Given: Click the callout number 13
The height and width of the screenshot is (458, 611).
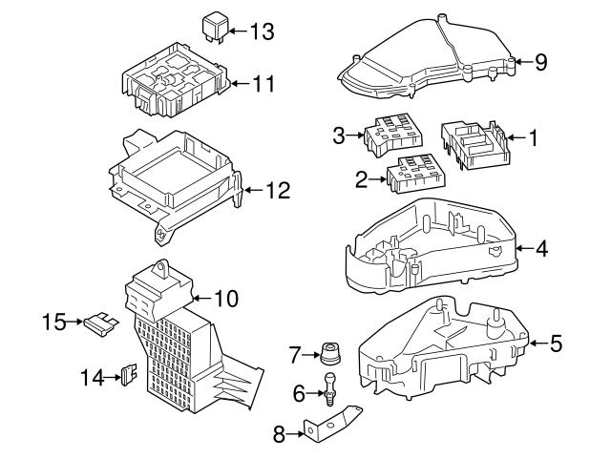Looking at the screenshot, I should pos(261,31).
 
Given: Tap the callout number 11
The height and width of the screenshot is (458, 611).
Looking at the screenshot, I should pos(262,84).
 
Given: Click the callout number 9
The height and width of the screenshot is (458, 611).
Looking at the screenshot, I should pos(540,63).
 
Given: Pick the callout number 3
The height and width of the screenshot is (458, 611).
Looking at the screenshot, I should pos(338,136).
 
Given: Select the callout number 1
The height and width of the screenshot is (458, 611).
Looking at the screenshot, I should pos(534,138).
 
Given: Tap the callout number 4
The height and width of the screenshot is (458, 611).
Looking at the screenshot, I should pos(541,250).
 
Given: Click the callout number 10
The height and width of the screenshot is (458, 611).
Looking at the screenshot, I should pos(224,299).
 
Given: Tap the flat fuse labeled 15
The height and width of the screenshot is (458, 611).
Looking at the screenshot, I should pos(100,323).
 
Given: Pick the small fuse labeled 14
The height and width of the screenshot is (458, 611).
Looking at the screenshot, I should pos(125,376).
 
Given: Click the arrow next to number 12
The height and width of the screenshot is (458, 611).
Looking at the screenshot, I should pos(252,190).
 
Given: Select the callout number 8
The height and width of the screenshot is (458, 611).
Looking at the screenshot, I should pos(279,435).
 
